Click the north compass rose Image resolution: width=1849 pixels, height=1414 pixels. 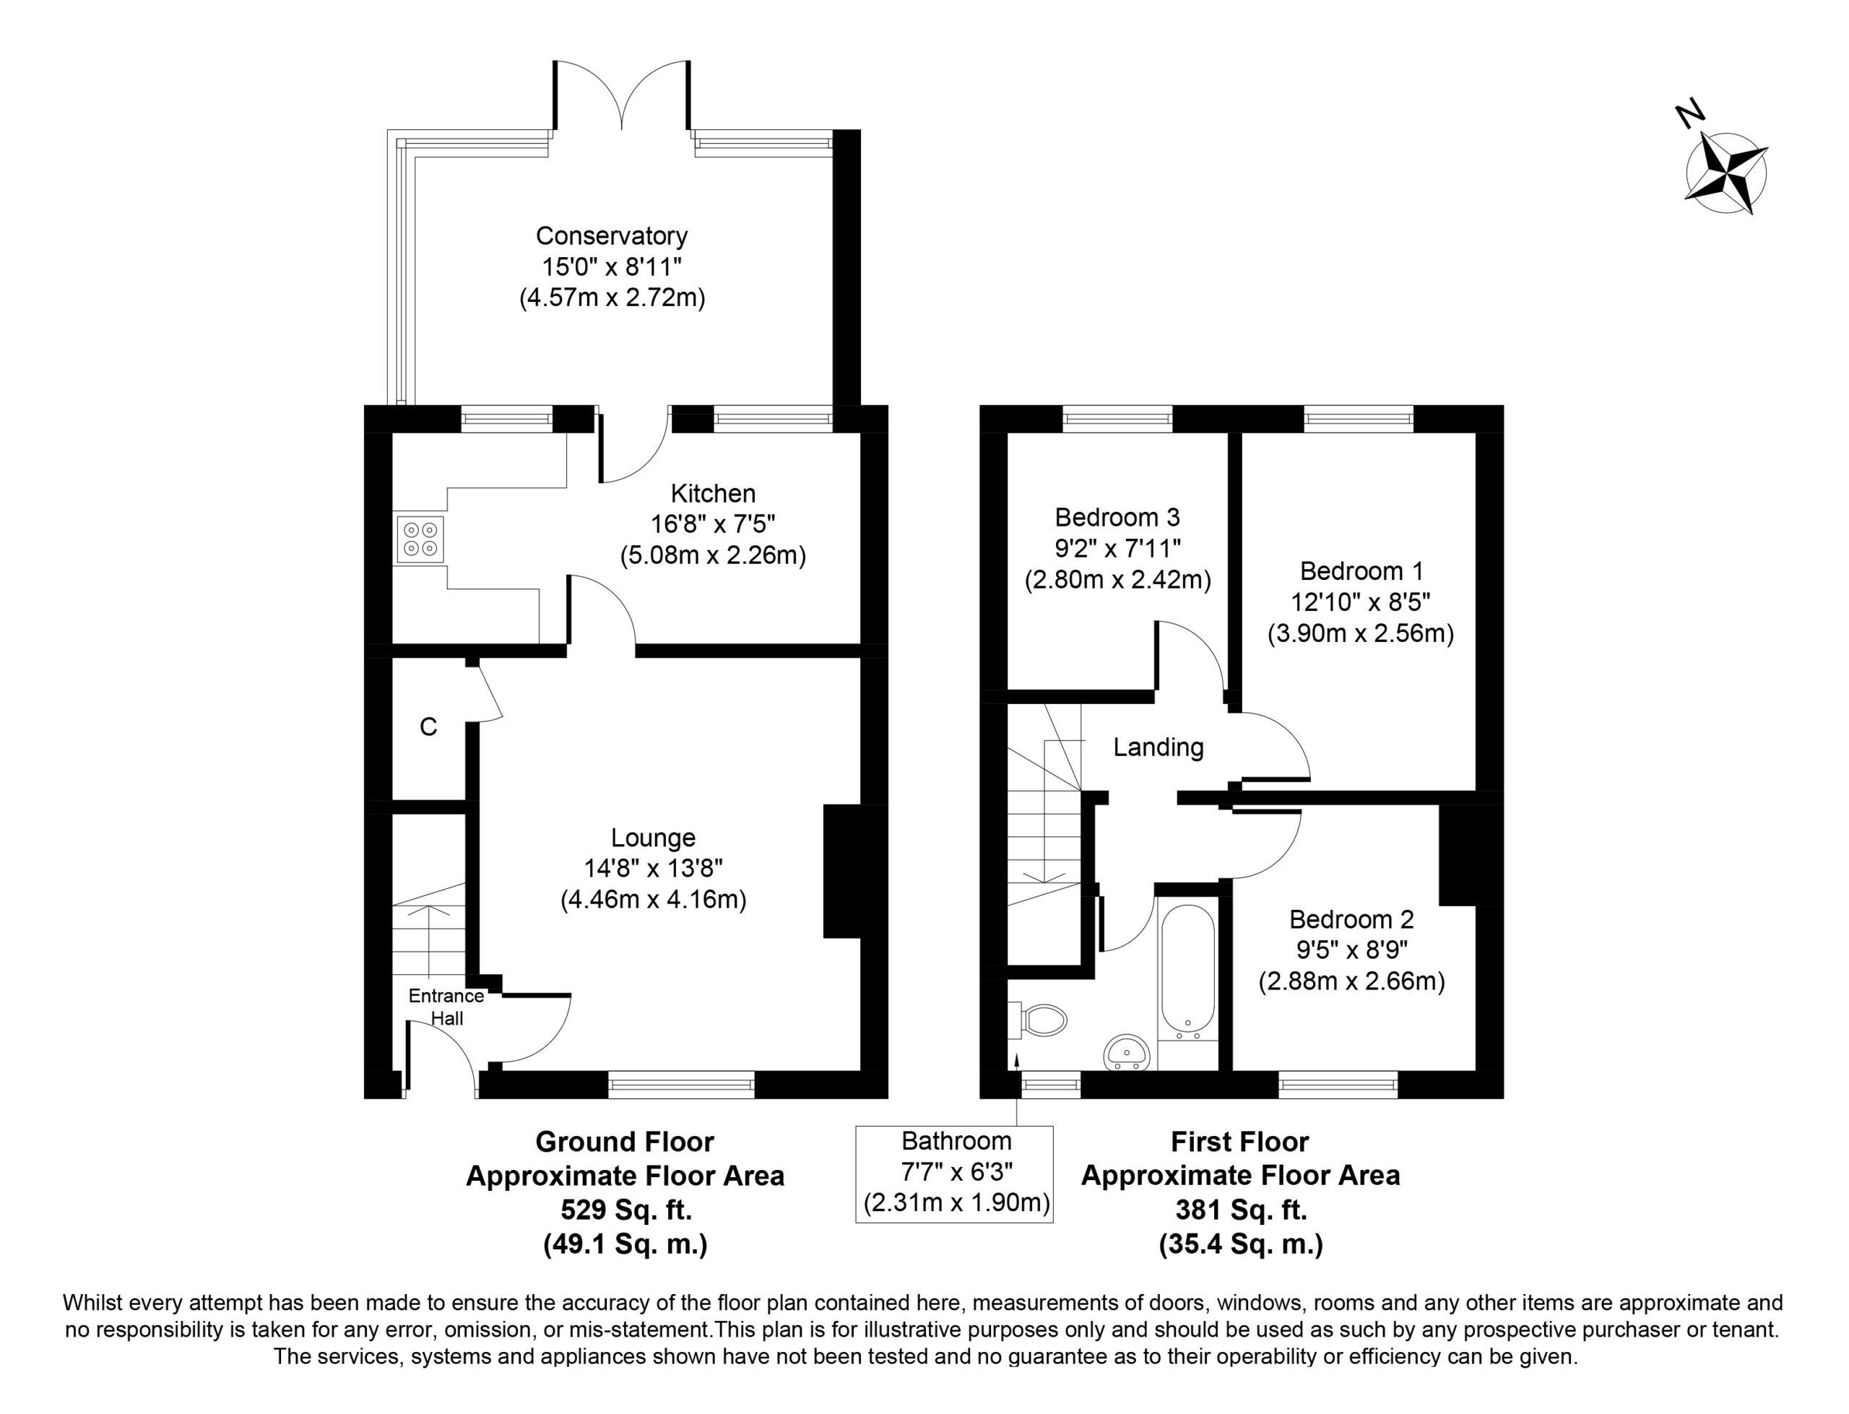tap(1726, 173)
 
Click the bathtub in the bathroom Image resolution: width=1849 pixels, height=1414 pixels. tap(1187, 972)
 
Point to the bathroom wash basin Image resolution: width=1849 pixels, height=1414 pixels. tap(1126, 1052)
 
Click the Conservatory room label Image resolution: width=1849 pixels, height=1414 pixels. tap(612, 235)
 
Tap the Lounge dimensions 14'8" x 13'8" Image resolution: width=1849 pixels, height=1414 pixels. tap(653, 868)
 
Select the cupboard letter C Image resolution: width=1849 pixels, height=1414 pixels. tap(428, 726)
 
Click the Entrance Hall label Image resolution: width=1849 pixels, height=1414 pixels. tap(446, 1007)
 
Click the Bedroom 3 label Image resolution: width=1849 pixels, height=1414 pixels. tap(1117, 517)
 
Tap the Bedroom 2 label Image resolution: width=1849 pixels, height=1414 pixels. tap(1351, 919)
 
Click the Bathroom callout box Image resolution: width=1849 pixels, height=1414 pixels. tap(954, 1174)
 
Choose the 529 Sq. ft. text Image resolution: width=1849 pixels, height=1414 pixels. tap(626, 1210)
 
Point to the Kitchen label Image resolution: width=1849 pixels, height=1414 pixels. tap(713, 493)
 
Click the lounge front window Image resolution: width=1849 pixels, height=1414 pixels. tap(681, 1084)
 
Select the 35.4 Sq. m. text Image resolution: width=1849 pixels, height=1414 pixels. tap(1241, 1244)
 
